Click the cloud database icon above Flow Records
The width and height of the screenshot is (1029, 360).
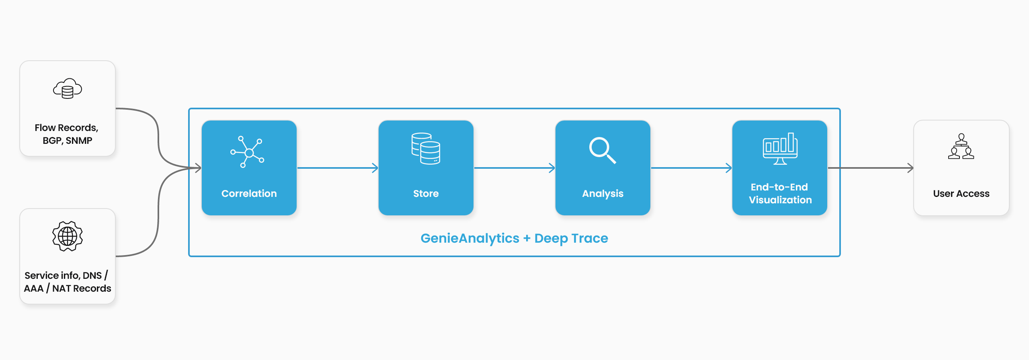[x=68, y=88]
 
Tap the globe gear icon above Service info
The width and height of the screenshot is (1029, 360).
[x=68, y=236]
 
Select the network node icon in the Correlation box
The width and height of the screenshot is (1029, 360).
[x=247, y=152]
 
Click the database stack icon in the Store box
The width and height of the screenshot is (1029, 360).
[x=426, y=148]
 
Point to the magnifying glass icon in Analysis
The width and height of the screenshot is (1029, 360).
[x=602, y=150]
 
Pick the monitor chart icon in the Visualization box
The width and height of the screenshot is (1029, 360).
[x=780, y=149]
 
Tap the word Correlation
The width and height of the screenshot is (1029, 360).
[x=249, y=194]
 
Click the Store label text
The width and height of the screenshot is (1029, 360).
[x=426, y=194]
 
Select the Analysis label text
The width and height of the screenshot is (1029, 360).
[x=603, y=194]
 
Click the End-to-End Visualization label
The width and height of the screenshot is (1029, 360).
[x=780, y=193]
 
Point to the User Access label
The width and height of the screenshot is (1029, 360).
[x=961, y=194]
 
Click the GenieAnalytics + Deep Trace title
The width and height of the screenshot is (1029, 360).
[x=514, y=238]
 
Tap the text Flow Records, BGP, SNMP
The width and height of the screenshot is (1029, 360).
[x=67, y=134]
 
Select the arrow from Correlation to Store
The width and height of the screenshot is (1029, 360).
[x=338, y=168]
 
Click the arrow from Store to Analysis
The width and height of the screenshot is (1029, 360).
[x=514, y=168]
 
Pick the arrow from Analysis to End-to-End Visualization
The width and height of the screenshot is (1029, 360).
[x=691, y=168]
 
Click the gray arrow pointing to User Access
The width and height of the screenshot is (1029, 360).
[x=871, y=168]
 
